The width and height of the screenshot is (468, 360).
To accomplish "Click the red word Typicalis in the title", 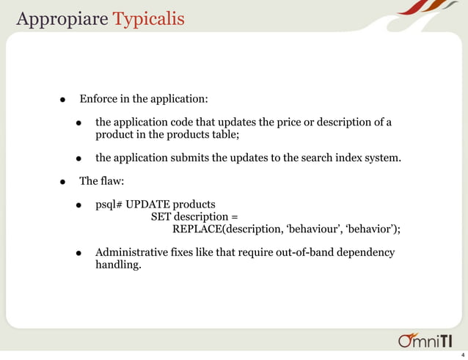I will pyautogui.click(x=149, y=18).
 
